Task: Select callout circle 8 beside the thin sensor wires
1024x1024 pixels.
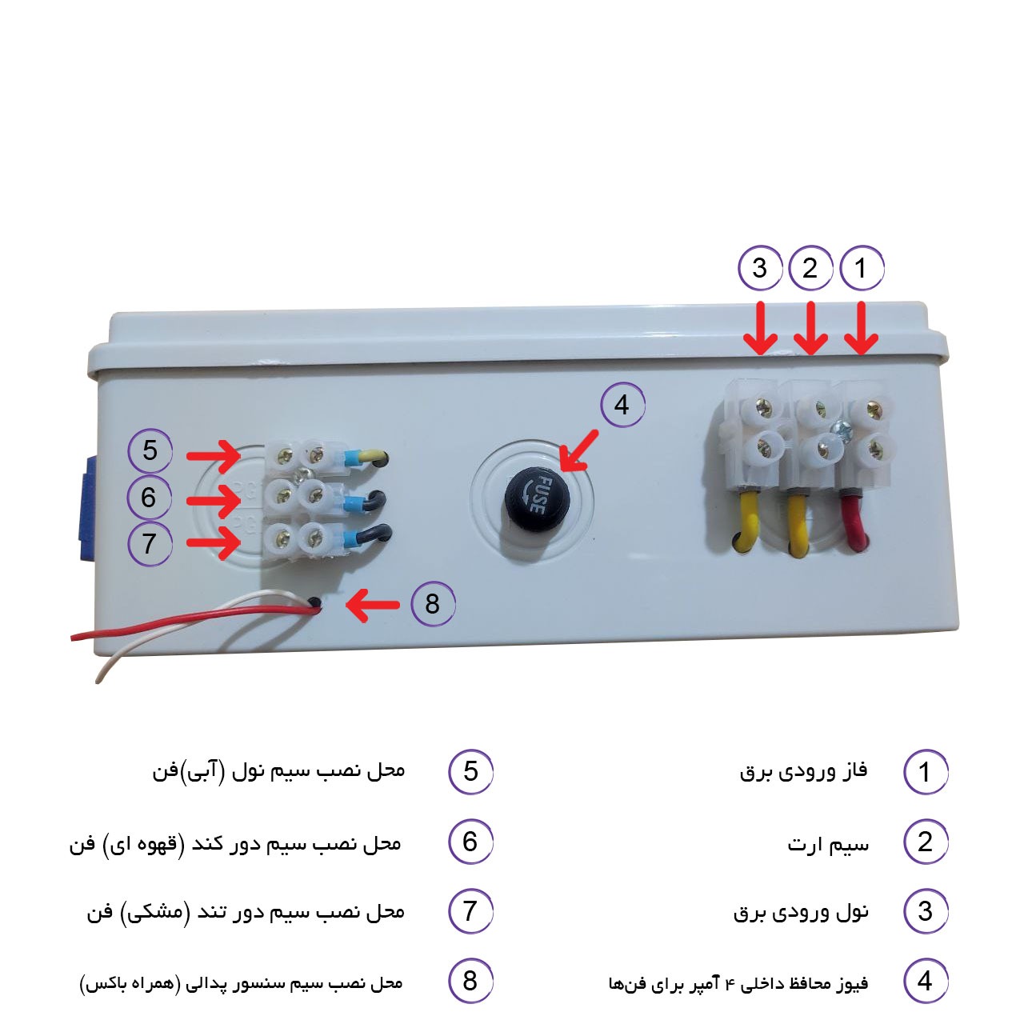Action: coord(433,603)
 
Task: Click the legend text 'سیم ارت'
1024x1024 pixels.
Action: coord(828,844)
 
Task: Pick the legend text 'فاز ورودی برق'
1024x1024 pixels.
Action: coord(803,772)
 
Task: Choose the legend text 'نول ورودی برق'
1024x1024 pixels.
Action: coord(801,912)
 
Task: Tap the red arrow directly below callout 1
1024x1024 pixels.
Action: coord(861,328)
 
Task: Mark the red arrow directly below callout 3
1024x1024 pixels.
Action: coord(760,328)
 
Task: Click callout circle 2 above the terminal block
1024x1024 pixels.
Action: coord(810,268)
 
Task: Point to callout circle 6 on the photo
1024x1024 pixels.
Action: coord(149,498)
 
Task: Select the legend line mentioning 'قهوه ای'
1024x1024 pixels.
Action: coord(235,844)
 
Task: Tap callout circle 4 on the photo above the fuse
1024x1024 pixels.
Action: coord(622,406)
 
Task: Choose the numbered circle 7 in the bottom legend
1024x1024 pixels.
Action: coord(470,911)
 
